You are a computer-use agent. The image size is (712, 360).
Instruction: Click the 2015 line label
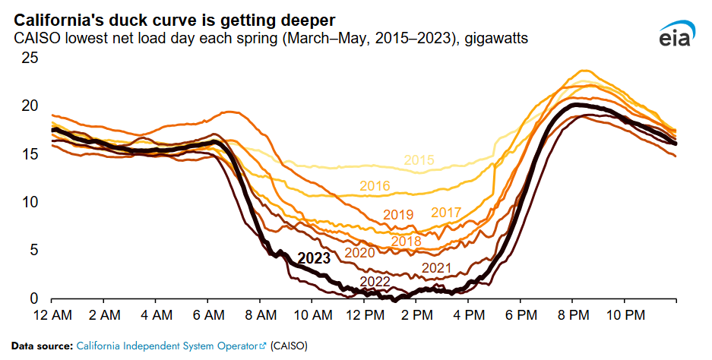[419, 160]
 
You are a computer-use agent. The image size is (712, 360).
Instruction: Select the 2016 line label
[375, 186]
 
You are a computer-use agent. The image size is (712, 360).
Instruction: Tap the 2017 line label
[446, 213]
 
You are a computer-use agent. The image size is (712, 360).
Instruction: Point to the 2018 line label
[406, 242]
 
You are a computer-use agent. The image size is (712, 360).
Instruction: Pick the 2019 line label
[397, 214]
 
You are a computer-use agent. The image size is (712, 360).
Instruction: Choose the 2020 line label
[359, 252]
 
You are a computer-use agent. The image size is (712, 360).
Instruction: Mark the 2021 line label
[436, 268]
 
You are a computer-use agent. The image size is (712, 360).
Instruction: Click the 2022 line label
[375, 282]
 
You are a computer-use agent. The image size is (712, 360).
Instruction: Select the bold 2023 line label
[314, 258]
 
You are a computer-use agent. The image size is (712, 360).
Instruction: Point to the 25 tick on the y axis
[28, 58]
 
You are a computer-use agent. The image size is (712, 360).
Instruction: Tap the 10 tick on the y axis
[28, 203]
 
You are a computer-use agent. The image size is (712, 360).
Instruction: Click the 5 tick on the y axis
[32, 251]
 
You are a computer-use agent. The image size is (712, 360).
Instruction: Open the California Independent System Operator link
[167, 346]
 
